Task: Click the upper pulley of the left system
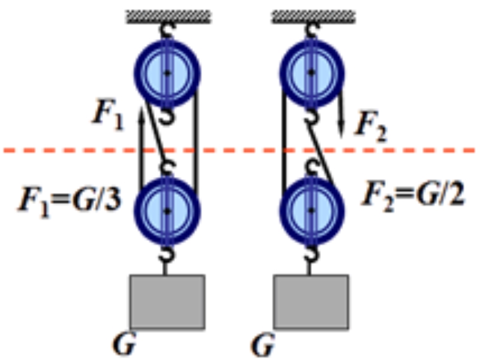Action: tap(167, 73)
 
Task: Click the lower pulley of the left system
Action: tap(167, 211)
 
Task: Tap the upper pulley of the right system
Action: tap(311, 73)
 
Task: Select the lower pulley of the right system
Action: tap(311, 211)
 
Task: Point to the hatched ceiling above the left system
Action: tap(168, 16)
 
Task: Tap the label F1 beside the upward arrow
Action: tap(107, 114)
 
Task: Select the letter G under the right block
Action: tap(265, 345)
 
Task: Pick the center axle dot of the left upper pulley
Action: tap(167, 73)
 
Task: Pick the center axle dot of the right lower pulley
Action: tap(311, 211)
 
